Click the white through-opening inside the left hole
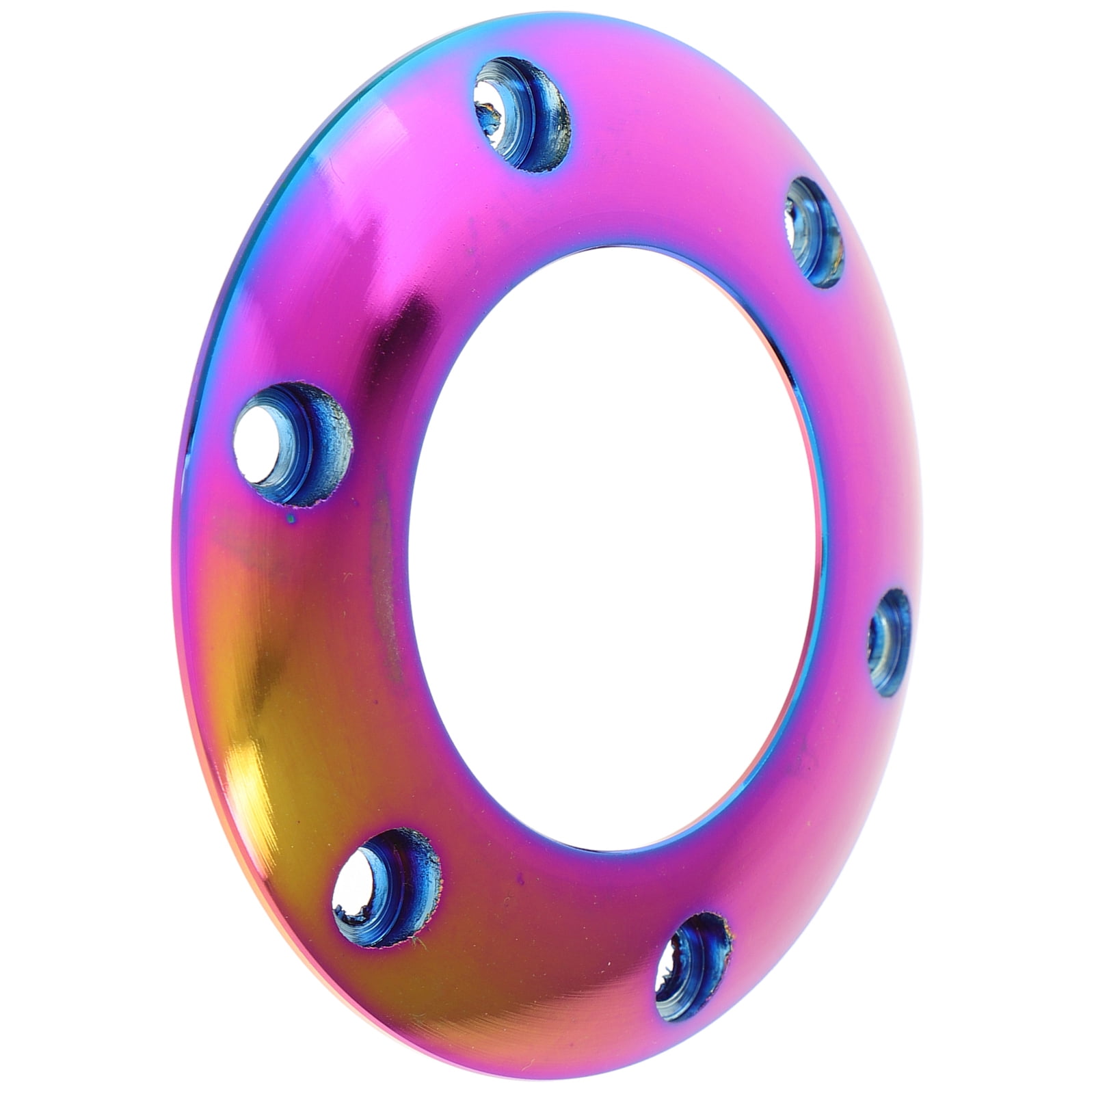(254, 441)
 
